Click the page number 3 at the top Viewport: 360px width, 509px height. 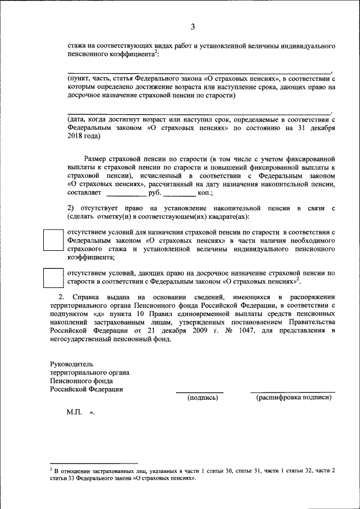coord(192,27)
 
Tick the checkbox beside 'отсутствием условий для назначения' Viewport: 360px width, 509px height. coord(54,241)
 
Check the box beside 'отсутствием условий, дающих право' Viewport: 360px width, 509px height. coord(54,277)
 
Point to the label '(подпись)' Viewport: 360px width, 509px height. coord(202,397)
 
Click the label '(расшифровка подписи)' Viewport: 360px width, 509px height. coord(294,397)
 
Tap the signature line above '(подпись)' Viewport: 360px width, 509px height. coord(200,392)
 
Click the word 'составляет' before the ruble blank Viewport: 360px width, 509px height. coord(84,192)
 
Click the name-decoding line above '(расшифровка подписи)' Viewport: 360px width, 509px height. coord(292,392)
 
